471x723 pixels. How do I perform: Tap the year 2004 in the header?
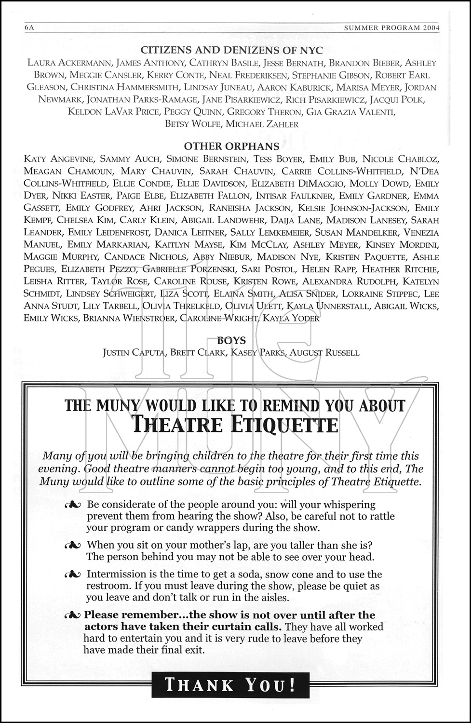[431, 28]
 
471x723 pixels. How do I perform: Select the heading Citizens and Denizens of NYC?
[231, 50]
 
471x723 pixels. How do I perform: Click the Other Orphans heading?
[231, 147]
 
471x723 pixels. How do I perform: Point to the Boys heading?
[231, 341]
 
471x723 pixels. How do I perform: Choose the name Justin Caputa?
[134, 353]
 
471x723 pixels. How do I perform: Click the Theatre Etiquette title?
[235, 425]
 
